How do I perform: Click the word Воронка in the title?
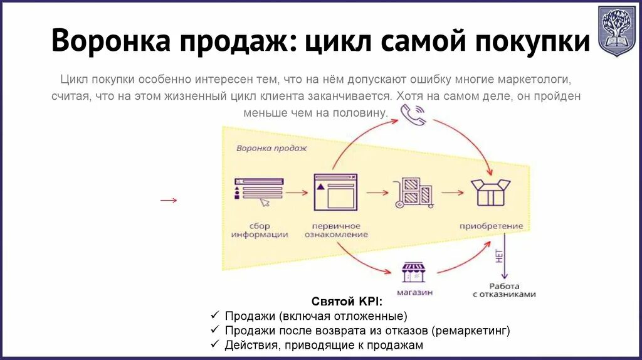(x=110, y=41)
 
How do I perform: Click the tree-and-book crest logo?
(x=616, y=31)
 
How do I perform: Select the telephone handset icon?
(x=413, y=114)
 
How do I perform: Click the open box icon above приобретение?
(x=491, y=192)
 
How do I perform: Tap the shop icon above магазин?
(x=414, y=272)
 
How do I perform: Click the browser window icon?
(x=335, y=191)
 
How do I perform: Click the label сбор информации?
(x=259, y=230)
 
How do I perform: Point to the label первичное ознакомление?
(x=336, y=230)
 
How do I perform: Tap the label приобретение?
(x=491, y=226)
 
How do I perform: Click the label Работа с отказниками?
(x=505, y=290)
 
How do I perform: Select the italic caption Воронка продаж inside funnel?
(x=271, y=149)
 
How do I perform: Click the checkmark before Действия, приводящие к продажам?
(x=214, y=345)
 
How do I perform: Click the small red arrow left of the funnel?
(x=168, y=200)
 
